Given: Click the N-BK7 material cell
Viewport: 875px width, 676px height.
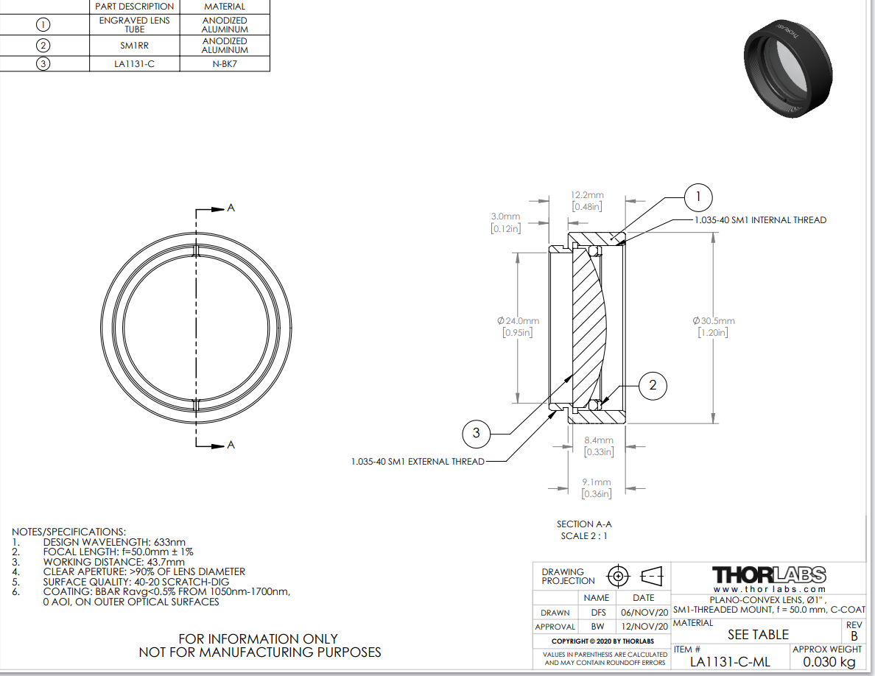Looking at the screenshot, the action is click(x=225, y=63).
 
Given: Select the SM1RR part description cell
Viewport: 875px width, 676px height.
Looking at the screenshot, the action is click(x=135, y=45).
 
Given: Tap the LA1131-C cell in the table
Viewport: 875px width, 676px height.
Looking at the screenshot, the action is click(x=135, y=63).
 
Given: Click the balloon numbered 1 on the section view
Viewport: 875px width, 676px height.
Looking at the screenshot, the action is click(x=698, y=197).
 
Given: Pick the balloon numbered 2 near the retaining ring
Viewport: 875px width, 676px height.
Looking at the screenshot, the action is click(x=653, y=385).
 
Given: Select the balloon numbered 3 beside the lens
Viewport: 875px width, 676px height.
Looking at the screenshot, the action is click(x=476, y=433).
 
